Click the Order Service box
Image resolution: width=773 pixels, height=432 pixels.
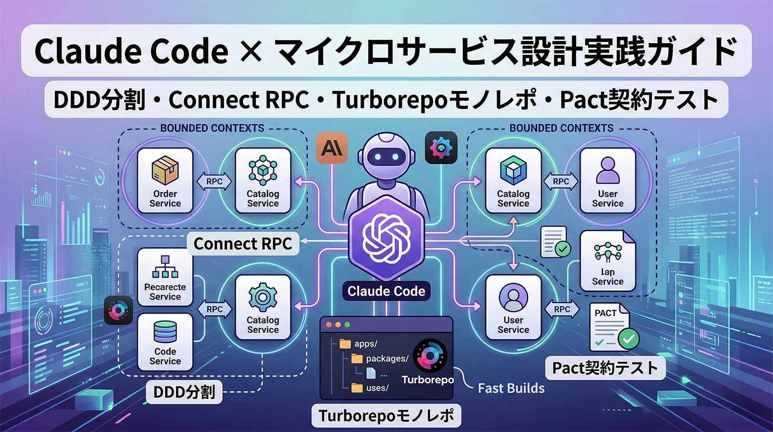[165, 181]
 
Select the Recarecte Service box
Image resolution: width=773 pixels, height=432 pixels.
[165, 277]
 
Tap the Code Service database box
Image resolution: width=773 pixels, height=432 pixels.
[165, 342]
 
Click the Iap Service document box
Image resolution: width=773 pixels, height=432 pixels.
[608, 261]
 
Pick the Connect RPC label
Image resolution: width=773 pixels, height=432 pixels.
[243, 244]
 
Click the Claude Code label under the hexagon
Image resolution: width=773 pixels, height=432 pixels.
[386, 291]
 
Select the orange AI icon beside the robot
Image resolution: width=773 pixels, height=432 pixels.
[331, 148]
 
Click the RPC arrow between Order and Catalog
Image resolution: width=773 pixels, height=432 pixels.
[215, 181]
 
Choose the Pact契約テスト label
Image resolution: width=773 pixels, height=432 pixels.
[605, 368]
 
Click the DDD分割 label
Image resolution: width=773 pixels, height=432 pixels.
[184, 392]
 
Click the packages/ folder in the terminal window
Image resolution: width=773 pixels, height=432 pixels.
[382, 358]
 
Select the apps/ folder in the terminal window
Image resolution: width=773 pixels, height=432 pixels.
[360, 344]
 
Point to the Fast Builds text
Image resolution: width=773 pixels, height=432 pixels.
[511, 388]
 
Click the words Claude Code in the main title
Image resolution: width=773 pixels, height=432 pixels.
[131, 51]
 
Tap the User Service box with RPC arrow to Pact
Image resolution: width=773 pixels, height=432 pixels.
[513, 308]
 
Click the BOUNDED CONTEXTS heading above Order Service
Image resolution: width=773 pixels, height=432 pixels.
[212, 128]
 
